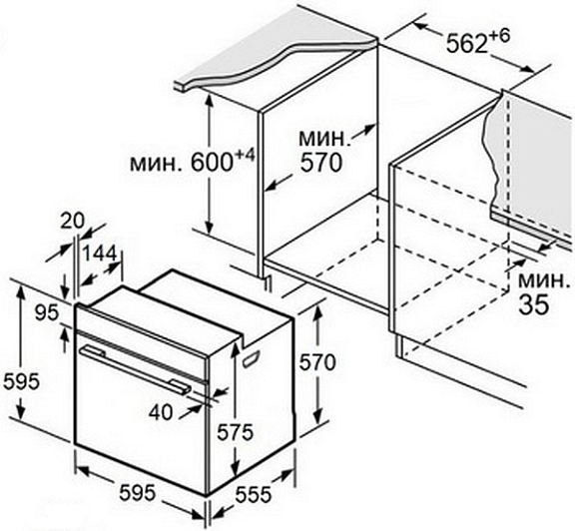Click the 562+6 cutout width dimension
click(478, 41)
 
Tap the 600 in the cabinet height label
click(212, 163)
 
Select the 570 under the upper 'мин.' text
click(320, 163)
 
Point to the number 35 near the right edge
click(533, 304)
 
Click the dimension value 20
click(72, 221)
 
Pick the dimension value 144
click(100, 254)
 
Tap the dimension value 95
click(47, 312)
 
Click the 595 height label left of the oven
click(21, 381)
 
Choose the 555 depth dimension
click(253, 494)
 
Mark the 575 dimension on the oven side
click(235, 432)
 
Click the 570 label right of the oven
click(317, 362)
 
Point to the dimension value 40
click(161, 412)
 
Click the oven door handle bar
click(135, 369)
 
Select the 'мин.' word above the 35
click(544, 280)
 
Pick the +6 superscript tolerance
click(500, 36)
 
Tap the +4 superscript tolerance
click(245, 156)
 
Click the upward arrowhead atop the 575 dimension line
click(235, 348)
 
